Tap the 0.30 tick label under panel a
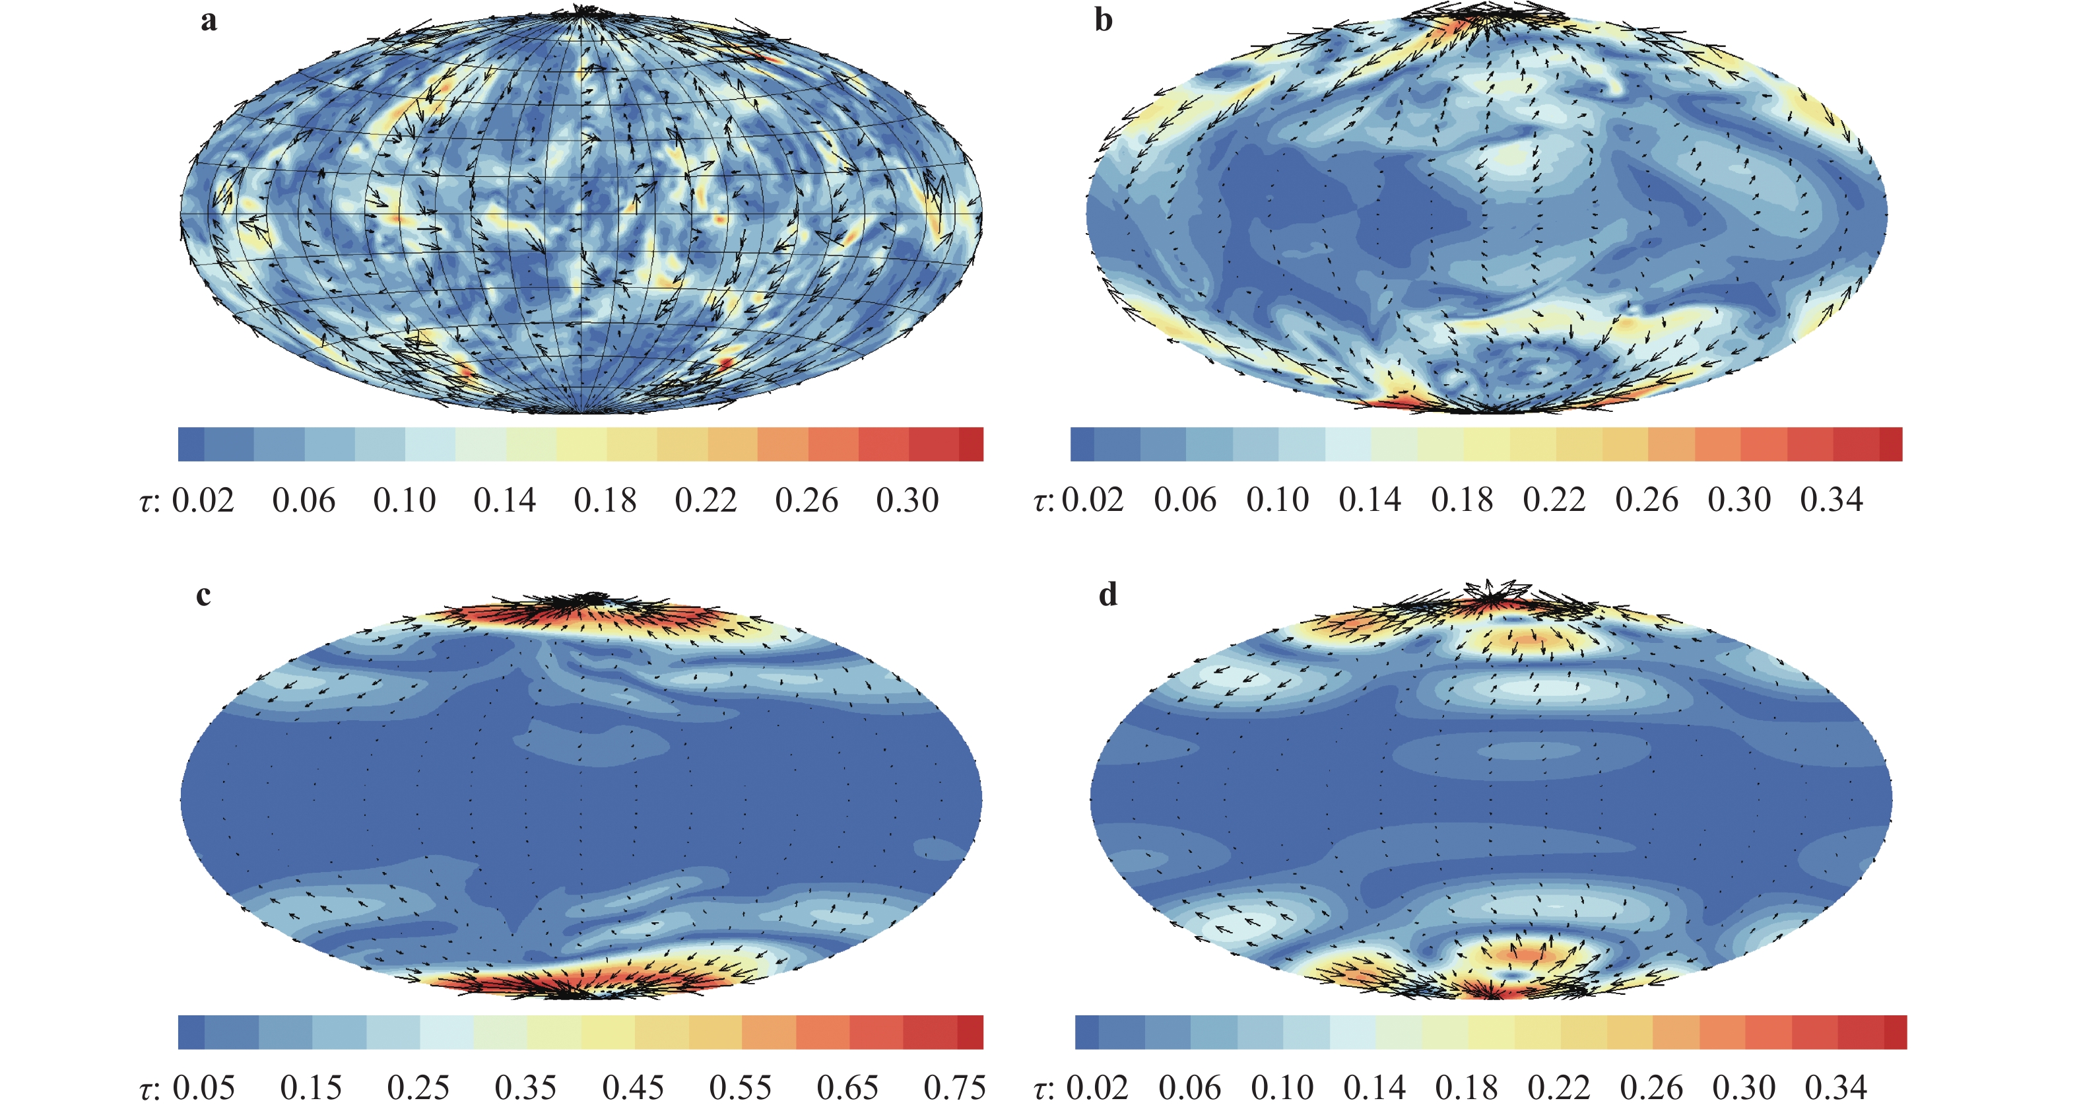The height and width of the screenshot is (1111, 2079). [x=907, y=500]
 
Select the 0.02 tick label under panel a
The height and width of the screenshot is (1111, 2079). [x=203, y=500]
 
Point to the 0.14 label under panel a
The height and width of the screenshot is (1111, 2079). [x=504, y=500]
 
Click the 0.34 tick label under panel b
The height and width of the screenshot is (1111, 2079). [x=1831, y=500]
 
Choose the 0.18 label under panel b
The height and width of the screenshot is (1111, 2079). [x=1462, y=500]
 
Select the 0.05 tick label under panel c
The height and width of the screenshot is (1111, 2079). [x=203, y=1088]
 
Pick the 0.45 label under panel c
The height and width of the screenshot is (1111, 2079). [x=633, y=1088]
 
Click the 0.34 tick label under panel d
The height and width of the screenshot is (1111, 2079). [x=1836, y=1088]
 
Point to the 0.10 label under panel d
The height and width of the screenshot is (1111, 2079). [x=1282, y=1088]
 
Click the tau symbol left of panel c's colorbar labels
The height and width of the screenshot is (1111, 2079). [x=145, y=1090]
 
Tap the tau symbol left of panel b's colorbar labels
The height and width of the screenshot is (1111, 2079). [x=1039, y=502]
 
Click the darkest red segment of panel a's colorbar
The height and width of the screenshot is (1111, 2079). [x=971, y=444]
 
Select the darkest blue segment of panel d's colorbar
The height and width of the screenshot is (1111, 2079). [x=1086, y=1032]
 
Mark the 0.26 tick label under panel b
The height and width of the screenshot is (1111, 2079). [x=1647, y=500]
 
